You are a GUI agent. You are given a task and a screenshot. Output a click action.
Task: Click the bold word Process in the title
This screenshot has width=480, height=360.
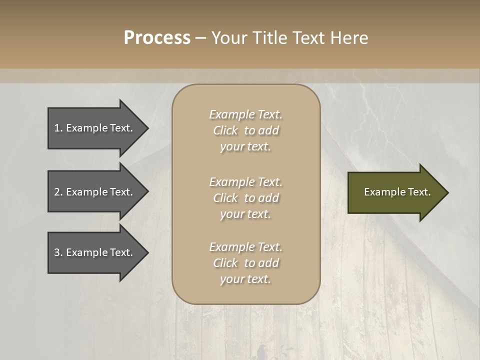click(x=157, y=38)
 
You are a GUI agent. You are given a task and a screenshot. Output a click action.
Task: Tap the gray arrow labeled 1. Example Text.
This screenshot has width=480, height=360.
click(x=95, y=128)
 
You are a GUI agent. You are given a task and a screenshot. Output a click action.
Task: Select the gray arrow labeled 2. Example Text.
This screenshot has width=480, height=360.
click(x=95, y=192)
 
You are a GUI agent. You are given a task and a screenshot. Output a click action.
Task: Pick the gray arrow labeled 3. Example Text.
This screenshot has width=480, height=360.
click(x=95, y=252)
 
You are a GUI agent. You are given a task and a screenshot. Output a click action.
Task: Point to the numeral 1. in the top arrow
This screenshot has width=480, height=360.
click(x=58, y=128)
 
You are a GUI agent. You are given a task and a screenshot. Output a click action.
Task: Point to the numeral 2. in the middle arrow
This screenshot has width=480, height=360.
click(x=58, y=192)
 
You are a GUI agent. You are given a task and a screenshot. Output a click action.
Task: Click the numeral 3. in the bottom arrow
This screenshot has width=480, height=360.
click(x=58, y=252)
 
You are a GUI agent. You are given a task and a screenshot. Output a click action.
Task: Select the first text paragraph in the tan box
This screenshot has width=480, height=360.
click(x=245, y=130)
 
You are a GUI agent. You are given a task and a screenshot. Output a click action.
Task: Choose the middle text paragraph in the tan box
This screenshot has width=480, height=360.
click(x=245, y=198)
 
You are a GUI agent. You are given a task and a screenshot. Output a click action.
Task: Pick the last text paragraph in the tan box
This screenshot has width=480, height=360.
click(x=245, y=263)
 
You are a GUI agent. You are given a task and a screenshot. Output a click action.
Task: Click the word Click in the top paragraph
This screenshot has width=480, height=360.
click(x=225, y=130)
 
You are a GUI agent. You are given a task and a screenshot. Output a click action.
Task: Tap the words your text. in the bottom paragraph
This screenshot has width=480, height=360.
click(x=245, y=279)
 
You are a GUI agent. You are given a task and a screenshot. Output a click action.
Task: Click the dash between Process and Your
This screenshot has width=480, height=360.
click(x=200, y=38)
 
